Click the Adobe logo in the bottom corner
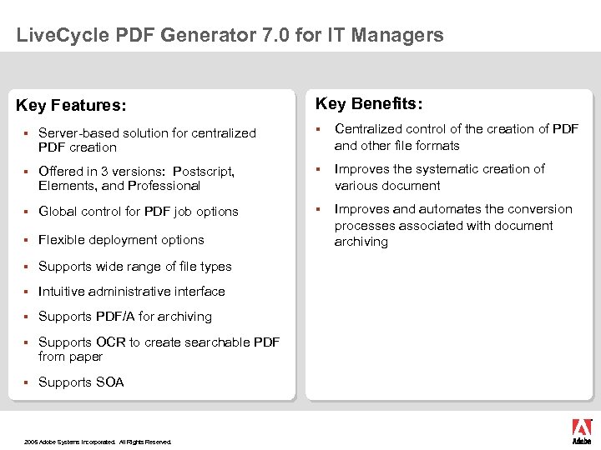(581, 431)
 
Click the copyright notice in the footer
(98, 442)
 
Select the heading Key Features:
(72, 106)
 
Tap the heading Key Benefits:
(369, 103)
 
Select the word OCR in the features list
(111, 342)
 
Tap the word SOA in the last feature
(110, 382)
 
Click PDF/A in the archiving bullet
(115, 317)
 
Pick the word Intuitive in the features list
(63, 292)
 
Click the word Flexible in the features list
(63, 240)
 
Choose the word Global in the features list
(58, 212)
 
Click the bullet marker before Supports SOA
(27, 382)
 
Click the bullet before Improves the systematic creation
(318, 169)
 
